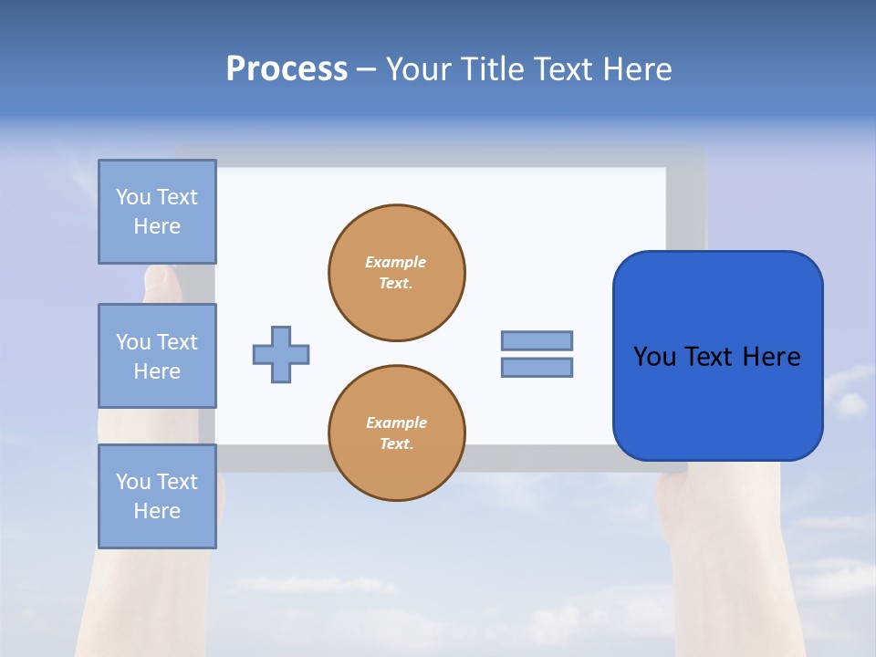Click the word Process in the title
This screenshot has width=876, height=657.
coord(287,69)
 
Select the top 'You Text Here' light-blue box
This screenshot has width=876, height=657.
coord(157,212)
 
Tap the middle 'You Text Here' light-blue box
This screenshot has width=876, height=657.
coord(157,356)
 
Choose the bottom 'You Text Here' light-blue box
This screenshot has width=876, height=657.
coord(157,496)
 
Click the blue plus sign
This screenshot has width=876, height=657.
coord(281,354)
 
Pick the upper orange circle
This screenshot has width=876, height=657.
coord(397,273)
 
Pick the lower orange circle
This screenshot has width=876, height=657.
coord(397,433)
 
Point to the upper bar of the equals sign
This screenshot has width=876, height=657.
coord(537,340)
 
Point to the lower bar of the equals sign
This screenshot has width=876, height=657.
coord(537,367)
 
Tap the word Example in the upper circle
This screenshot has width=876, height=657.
coord(396,262)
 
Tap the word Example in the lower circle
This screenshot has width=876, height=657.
coord(396,422)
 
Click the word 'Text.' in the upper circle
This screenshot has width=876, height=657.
coord(396,283)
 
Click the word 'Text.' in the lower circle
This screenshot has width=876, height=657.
coord(396,443)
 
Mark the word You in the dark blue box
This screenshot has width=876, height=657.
coord(655,357)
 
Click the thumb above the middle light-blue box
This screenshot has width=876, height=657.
coord(161,281)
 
